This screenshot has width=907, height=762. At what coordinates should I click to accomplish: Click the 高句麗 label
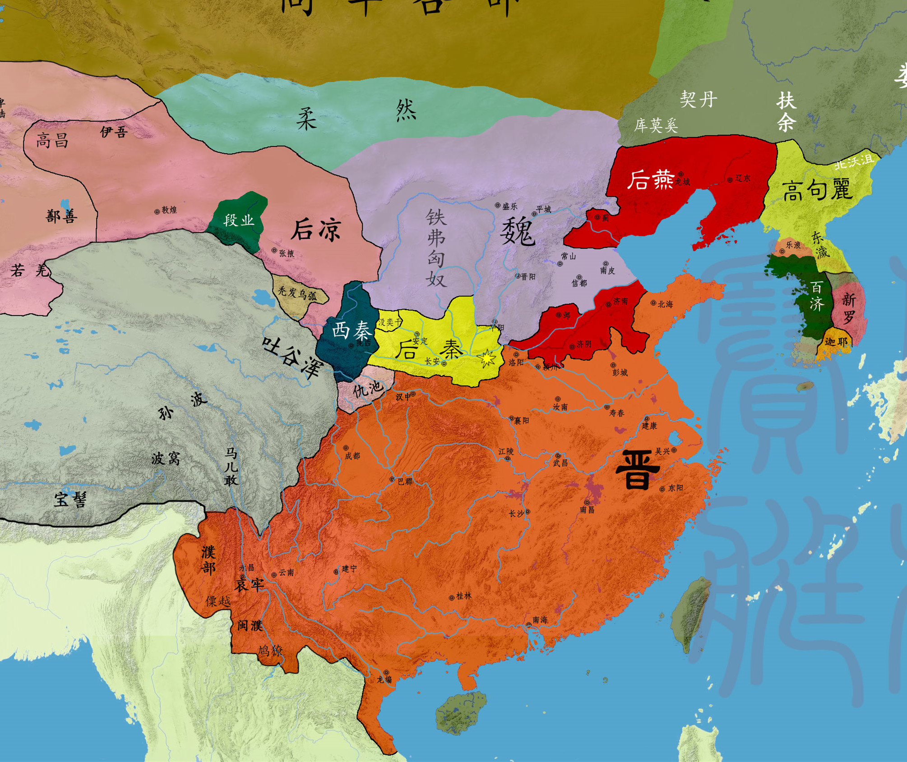point(817,190)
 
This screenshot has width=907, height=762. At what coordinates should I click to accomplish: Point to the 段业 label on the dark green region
point(239,220)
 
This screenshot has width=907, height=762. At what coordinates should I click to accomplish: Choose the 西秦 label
point(352,331)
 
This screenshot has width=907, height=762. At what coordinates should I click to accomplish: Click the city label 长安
point(432,362)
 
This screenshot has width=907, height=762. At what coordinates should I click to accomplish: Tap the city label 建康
point(649,426)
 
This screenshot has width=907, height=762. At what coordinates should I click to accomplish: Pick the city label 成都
point(352,456)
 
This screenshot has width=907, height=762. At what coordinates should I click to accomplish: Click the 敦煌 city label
point(169,210)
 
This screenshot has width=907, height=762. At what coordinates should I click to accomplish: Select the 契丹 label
point(698,99)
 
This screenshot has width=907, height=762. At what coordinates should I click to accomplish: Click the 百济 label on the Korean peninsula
point(816,296)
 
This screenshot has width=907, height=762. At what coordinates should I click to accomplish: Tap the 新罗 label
point(848,308)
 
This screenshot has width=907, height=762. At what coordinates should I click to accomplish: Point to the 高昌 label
point(52,141)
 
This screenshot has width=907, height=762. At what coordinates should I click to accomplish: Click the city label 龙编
point(384,679)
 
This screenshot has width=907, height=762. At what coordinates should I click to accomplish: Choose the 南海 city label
point(540,620)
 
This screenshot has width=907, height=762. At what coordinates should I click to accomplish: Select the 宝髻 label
point(70,500)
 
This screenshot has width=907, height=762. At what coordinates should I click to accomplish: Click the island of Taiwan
point(690,613)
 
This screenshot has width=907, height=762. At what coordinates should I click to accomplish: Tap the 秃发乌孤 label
point(297,294)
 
